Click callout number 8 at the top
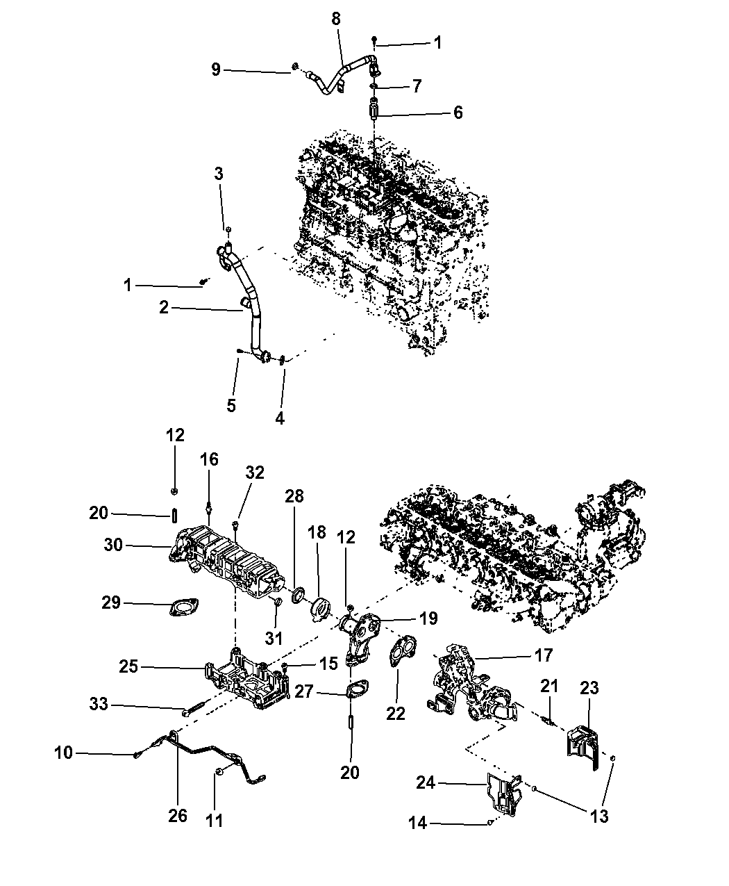point(336,19)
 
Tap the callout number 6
point(458,113)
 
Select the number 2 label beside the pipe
point(164,307)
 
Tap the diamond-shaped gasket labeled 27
point(355,692)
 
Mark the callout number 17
point(544,655)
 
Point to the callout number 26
point(178,815)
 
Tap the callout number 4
point(280,418)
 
